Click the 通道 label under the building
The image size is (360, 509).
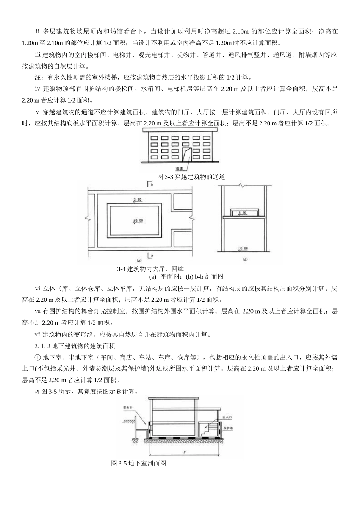click(x=180, y=168)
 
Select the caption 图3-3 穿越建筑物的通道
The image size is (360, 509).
click(x=191, y=176)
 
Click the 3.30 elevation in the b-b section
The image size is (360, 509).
click(x=242, y=213)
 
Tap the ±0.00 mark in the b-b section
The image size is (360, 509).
click(x=243, y=249)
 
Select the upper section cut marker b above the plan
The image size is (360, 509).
click(x=150, y=185)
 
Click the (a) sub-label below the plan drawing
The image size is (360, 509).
click(x=139, y=261)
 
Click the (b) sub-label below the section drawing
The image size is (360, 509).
click(x=245, y=260)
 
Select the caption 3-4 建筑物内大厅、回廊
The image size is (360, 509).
click(x=150, y=269)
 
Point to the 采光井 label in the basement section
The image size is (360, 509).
click(x=127, y=408)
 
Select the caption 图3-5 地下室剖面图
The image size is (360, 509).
click(x=139, y=463)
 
